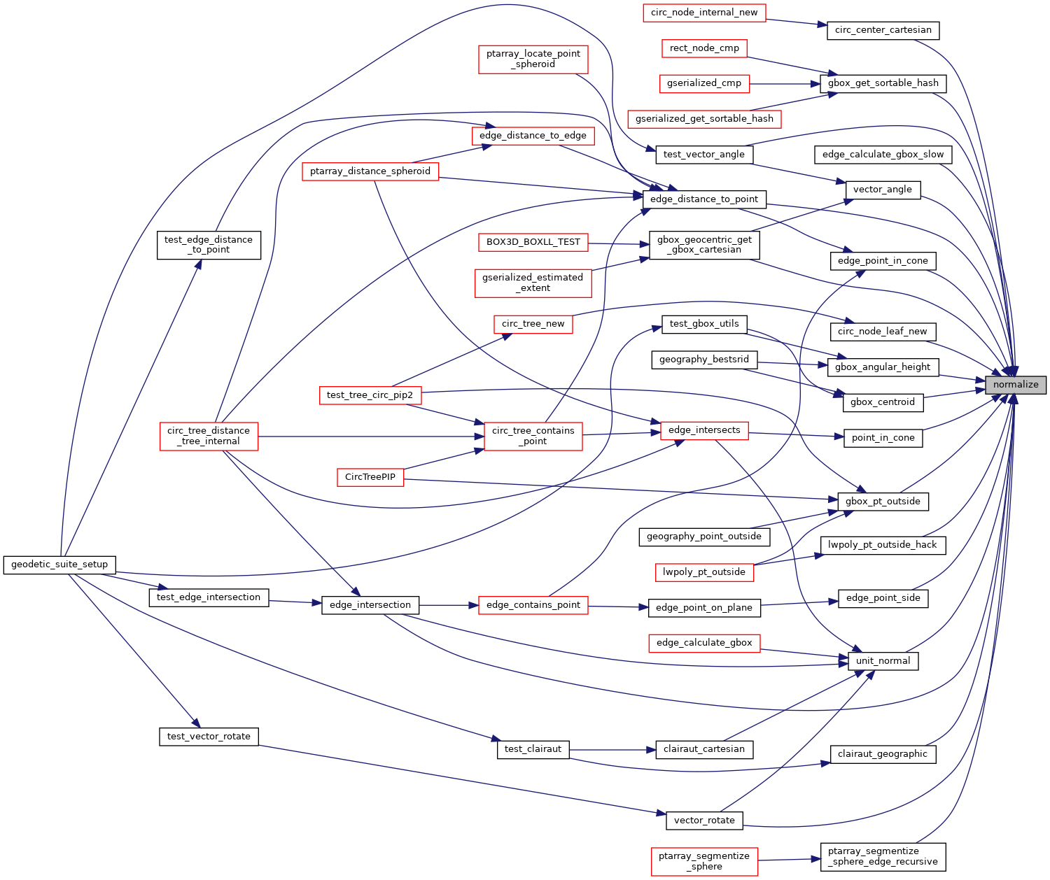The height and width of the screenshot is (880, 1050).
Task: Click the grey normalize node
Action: [x=1016, y=385]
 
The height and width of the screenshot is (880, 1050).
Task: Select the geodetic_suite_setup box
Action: [x=59, y=565]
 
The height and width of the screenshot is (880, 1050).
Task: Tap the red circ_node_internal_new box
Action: [x=704, y=13]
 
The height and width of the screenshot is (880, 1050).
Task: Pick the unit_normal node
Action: [x=883, y=661]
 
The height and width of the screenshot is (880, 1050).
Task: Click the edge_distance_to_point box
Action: [x=704, y=199]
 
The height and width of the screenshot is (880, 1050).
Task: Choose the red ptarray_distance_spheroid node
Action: [x=370, y=171]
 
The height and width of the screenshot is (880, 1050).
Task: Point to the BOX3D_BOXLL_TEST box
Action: [x=533, y=242]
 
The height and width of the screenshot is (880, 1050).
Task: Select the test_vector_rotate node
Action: [x=209, y=737]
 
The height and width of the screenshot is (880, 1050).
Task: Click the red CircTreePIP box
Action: [x=370, y=477]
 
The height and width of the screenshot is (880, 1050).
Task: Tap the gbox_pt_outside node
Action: [x=883, y=502]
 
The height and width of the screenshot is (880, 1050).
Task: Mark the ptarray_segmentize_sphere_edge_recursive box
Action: [x=883, y=857]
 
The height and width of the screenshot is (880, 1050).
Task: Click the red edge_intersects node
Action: [x=704, y=430]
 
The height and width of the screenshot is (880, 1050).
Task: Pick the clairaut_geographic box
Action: [x=883, y=754]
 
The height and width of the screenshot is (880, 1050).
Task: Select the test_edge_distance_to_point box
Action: [x=209, y=245]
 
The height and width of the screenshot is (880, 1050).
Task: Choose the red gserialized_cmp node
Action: [x=704, y=83]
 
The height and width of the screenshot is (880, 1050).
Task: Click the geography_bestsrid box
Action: [x=704, y=360]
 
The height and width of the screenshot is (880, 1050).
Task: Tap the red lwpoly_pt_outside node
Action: [x=704, y=572]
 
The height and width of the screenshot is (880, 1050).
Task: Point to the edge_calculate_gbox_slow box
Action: [x=883, y=155]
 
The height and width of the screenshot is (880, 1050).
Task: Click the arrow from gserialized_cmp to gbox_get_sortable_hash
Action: [x=784, y=84]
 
